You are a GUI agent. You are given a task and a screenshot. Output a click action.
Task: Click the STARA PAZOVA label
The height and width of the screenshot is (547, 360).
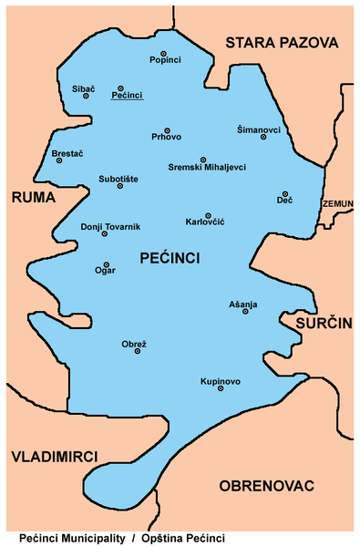(281, 43)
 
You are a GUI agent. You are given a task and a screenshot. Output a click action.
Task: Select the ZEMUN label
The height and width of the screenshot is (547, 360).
(338, 204)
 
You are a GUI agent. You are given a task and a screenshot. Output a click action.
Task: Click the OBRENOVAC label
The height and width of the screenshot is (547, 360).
(267, 486)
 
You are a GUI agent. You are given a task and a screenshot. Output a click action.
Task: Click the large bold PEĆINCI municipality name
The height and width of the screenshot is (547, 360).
(170, 260)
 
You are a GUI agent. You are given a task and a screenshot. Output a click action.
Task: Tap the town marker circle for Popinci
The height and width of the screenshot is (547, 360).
(164, 54)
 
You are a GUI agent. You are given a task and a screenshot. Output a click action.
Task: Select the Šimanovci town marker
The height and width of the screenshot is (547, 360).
(263, 137)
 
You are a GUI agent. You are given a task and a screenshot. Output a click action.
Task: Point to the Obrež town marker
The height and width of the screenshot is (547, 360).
(138, 351)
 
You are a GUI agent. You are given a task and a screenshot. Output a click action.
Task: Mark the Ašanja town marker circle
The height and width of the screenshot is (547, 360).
(243, 312)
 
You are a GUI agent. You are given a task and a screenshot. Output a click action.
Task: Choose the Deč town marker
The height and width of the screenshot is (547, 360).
(285, 193)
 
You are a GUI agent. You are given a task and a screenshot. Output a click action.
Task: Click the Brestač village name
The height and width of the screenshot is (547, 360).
(67, 152)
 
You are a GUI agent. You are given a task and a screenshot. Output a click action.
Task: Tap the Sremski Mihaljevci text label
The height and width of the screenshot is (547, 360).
(207, 167)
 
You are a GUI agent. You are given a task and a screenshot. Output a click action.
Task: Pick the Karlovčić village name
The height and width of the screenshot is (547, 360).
(205, 223)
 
